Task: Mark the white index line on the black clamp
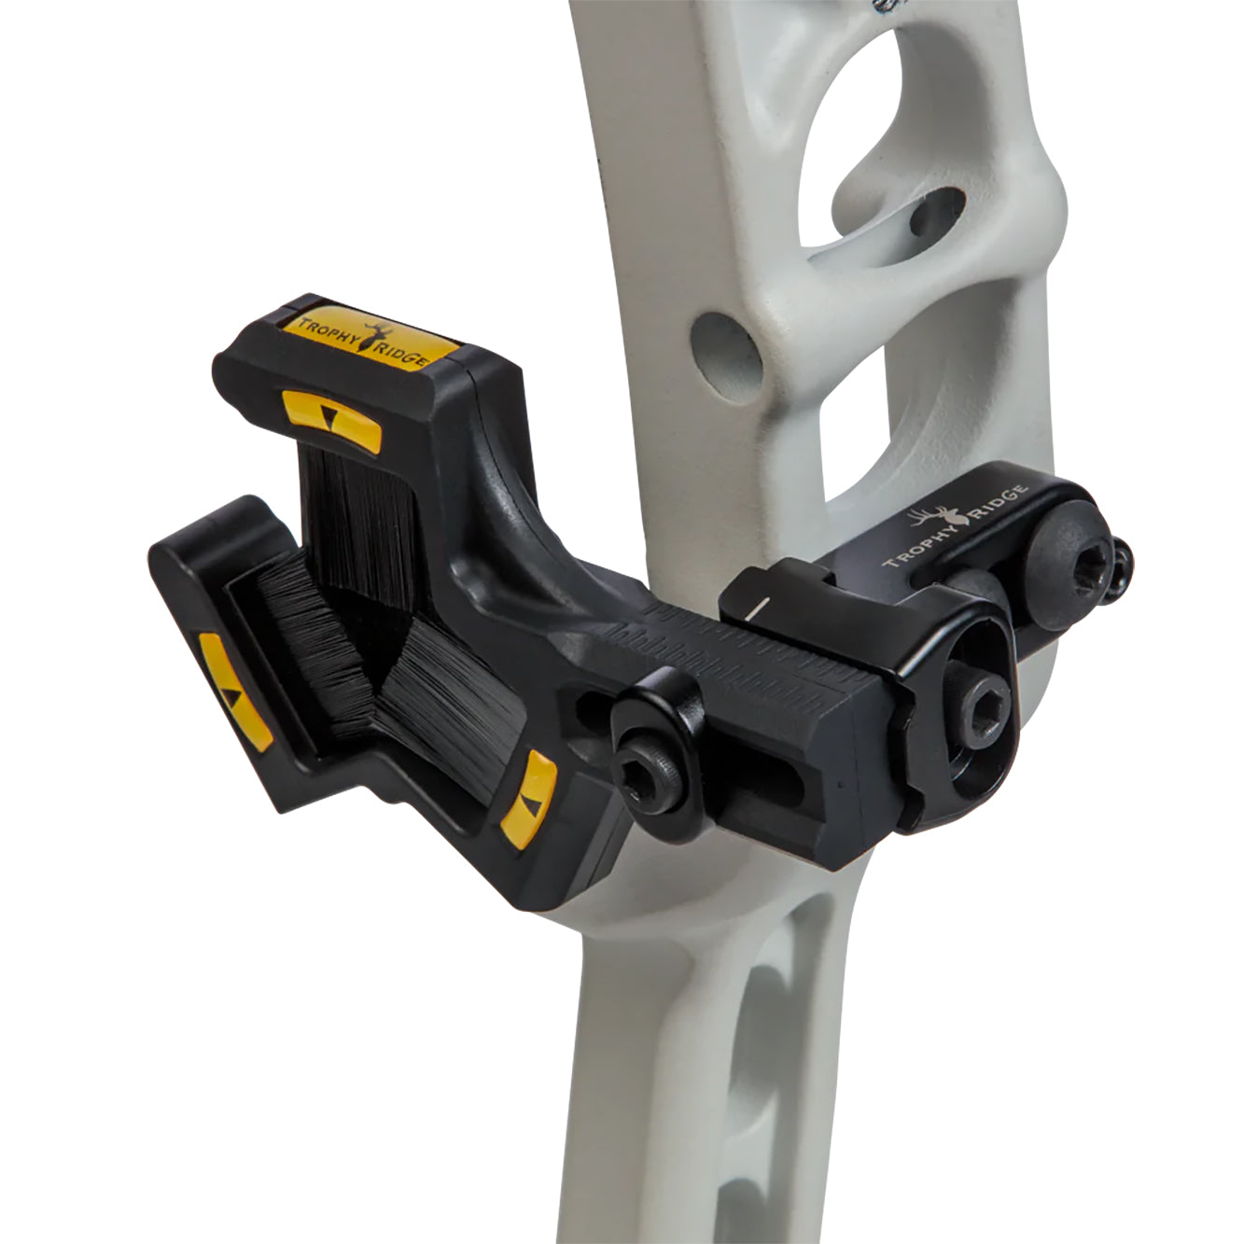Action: pos(757,608)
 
